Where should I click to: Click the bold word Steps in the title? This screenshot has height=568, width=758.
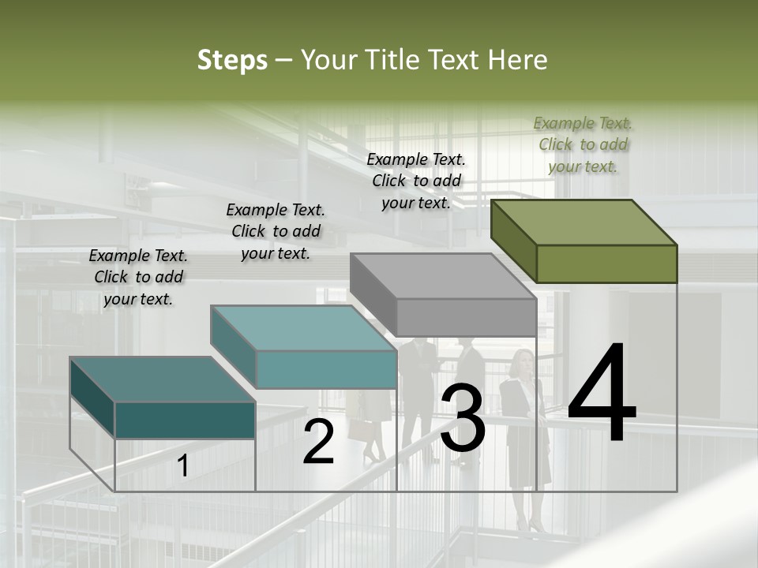coord(232,60)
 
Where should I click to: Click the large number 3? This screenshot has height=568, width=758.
coord(463,420)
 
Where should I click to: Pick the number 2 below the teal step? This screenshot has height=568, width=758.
coord(318,443)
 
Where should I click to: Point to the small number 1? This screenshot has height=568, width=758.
coord(183,466)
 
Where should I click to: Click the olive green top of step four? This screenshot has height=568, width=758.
coord(584,222)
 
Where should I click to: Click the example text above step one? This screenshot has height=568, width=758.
coord(138,277)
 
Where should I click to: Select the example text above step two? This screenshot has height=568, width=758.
coord(276,231)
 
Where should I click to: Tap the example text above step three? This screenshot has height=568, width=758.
coord(416,181)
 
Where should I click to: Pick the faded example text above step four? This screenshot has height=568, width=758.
coord(583,144)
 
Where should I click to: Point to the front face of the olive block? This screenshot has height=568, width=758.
coord(606,263)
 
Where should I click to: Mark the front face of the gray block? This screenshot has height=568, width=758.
coord(466,317)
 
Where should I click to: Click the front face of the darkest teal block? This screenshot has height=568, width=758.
coord(185,420)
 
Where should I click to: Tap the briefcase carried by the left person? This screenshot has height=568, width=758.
coord(360,428)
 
